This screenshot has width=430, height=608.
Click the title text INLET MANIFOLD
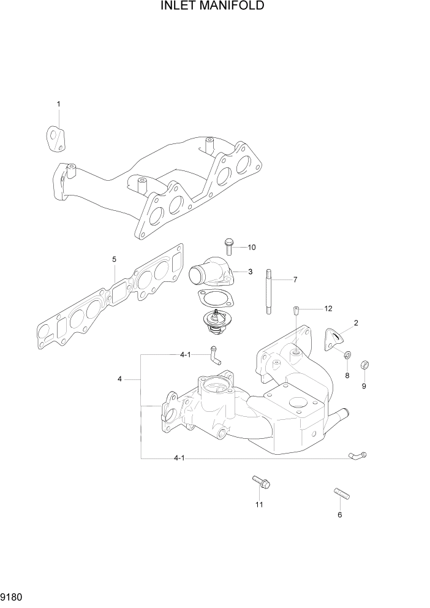tap(213, 7)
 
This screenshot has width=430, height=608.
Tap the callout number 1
tap(58, 104)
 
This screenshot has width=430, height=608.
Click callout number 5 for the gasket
tap(115, 259)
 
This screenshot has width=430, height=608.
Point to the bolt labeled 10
tap(230, 246)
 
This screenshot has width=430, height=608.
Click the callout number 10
tap(251, 247)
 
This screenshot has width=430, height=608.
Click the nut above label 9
tap(364, 365)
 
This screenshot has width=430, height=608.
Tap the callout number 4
tap(120, 379)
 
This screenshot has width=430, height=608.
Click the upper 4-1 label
tap(186, 355)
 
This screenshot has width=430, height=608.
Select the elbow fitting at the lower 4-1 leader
tap(357, 455)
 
